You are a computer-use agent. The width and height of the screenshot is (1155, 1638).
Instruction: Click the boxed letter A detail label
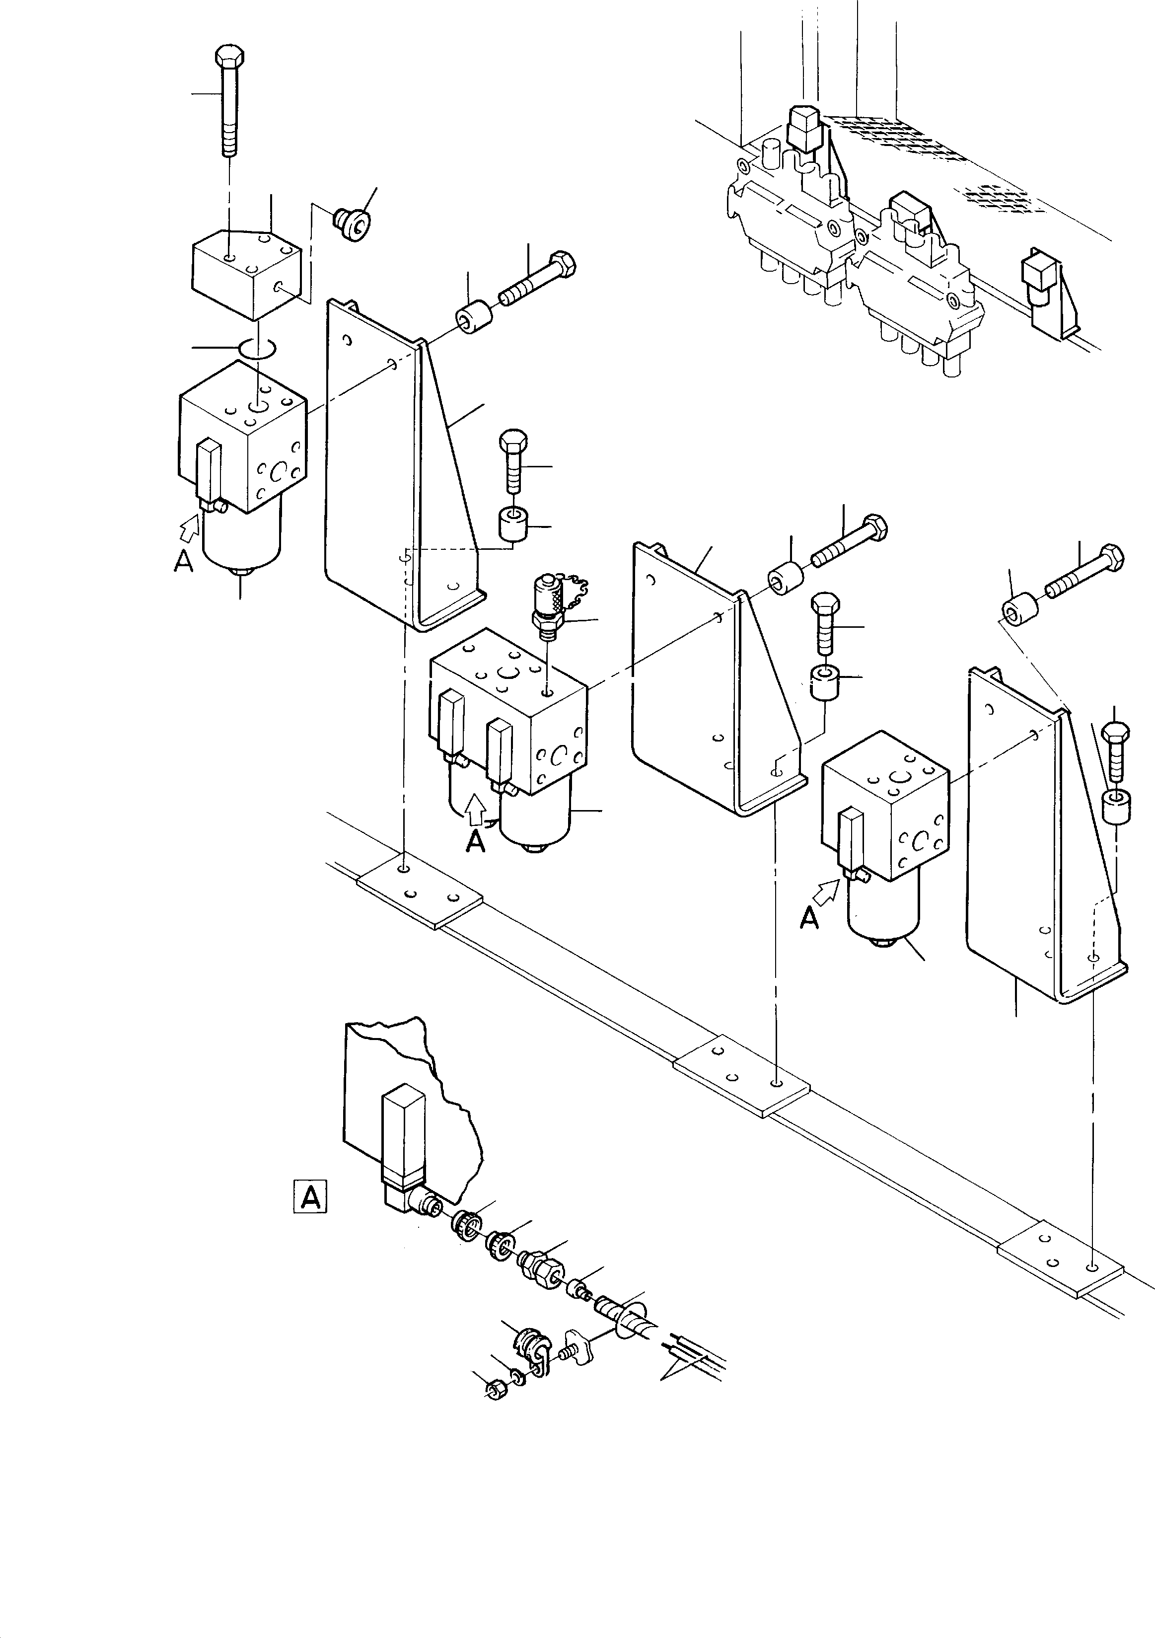(310, 1196)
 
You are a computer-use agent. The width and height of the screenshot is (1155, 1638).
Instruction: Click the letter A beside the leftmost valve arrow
(183, 563)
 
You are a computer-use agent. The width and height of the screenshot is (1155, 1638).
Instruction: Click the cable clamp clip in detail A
(531, 1347)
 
